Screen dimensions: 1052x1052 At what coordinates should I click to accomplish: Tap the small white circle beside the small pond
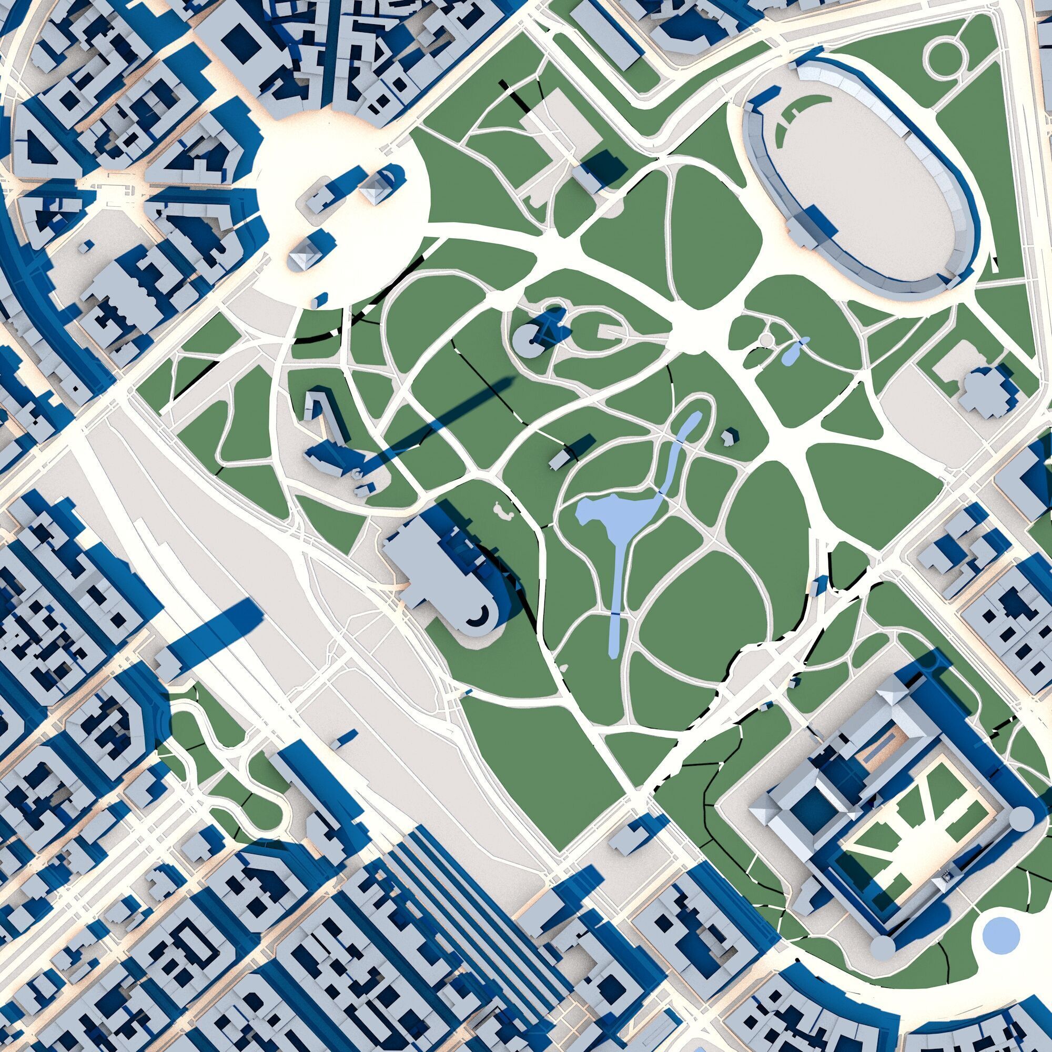(766, 340)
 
